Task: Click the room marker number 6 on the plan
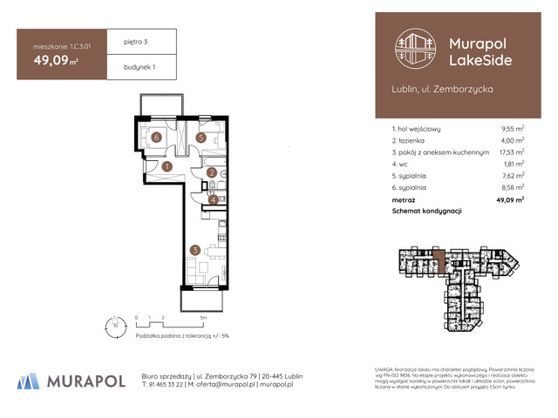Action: click(x=156, y=138)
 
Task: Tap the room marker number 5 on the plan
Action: click(x=201, y=138)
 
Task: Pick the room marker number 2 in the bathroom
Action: click(x=213, y=173)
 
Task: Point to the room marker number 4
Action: click(x=213, y=199)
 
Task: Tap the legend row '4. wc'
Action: click(x=402, y=163)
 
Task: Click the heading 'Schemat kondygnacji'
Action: click(x=426, y=211)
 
